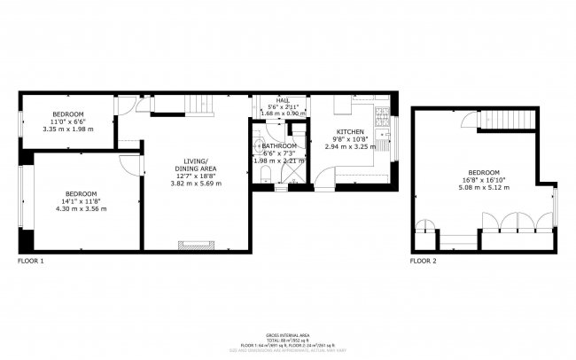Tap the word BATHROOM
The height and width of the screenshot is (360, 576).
[278, 145]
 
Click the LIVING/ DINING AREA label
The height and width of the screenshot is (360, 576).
[195, 165]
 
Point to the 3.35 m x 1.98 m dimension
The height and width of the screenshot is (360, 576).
[67, 129]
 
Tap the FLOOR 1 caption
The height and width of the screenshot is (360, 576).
[30, 262]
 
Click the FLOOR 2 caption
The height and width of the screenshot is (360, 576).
[423, 262]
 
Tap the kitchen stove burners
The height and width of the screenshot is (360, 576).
[382, 114]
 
